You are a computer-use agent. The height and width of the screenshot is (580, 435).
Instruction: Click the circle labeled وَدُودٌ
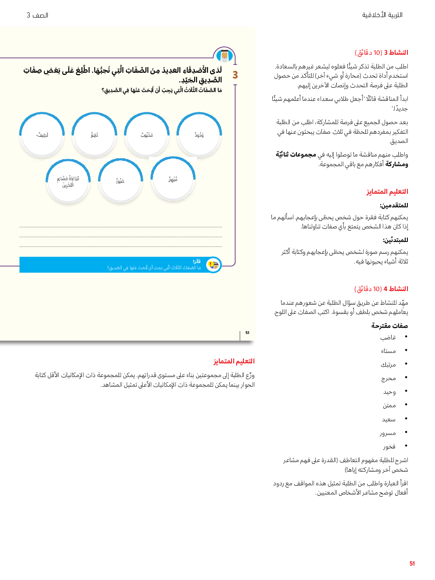[x=199, y=135]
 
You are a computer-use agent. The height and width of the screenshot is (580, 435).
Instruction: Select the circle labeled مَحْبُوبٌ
[x=146, y=135]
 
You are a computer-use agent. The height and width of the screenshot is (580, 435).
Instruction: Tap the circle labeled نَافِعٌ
[x=94, y=135]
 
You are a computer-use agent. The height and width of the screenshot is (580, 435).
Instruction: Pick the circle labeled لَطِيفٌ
[x=42, y=135]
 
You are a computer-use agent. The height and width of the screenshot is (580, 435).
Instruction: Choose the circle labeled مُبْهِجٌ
[x=173, y=180]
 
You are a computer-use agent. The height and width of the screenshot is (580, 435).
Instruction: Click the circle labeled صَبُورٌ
[x=120, y=181]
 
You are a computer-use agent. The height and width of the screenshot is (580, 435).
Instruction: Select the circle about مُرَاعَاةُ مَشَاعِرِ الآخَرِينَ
[x=68, y=181]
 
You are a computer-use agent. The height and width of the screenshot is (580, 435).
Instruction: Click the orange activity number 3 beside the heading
[x=235, y=75]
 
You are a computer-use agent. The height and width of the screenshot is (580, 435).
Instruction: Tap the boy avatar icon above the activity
[x=225, y=56]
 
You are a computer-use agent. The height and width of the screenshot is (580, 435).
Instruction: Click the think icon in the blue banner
[x=214, y=265]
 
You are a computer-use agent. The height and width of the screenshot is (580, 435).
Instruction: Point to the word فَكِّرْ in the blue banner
[x=197, y=261]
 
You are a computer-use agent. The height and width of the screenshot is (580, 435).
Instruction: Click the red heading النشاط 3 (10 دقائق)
[x=381, y=53]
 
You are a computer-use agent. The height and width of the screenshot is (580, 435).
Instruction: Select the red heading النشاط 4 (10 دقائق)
[x=381, y=289]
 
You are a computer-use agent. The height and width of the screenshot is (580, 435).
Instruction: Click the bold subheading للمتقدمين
[x=394, y=205]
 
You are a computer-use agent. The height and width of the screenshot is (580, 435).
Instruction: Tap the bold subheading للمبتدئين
[x=395, y=240]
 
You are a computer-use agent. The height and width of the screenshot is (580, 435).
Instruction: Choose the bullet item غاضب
[x=388, y=337]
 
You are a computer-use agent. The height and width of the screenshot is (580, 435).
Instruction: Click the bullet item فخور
[x=389, y=446]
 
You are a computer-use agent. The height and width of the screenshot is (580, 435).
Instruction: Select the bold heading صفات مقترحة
[x=389, y=326]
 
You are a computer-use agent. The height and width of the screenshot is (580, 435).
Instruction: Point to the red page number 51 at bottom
[x=412, y=564]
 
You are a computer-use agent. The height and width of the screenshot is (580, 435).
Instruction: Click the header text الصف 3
[x=37, y=15]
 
